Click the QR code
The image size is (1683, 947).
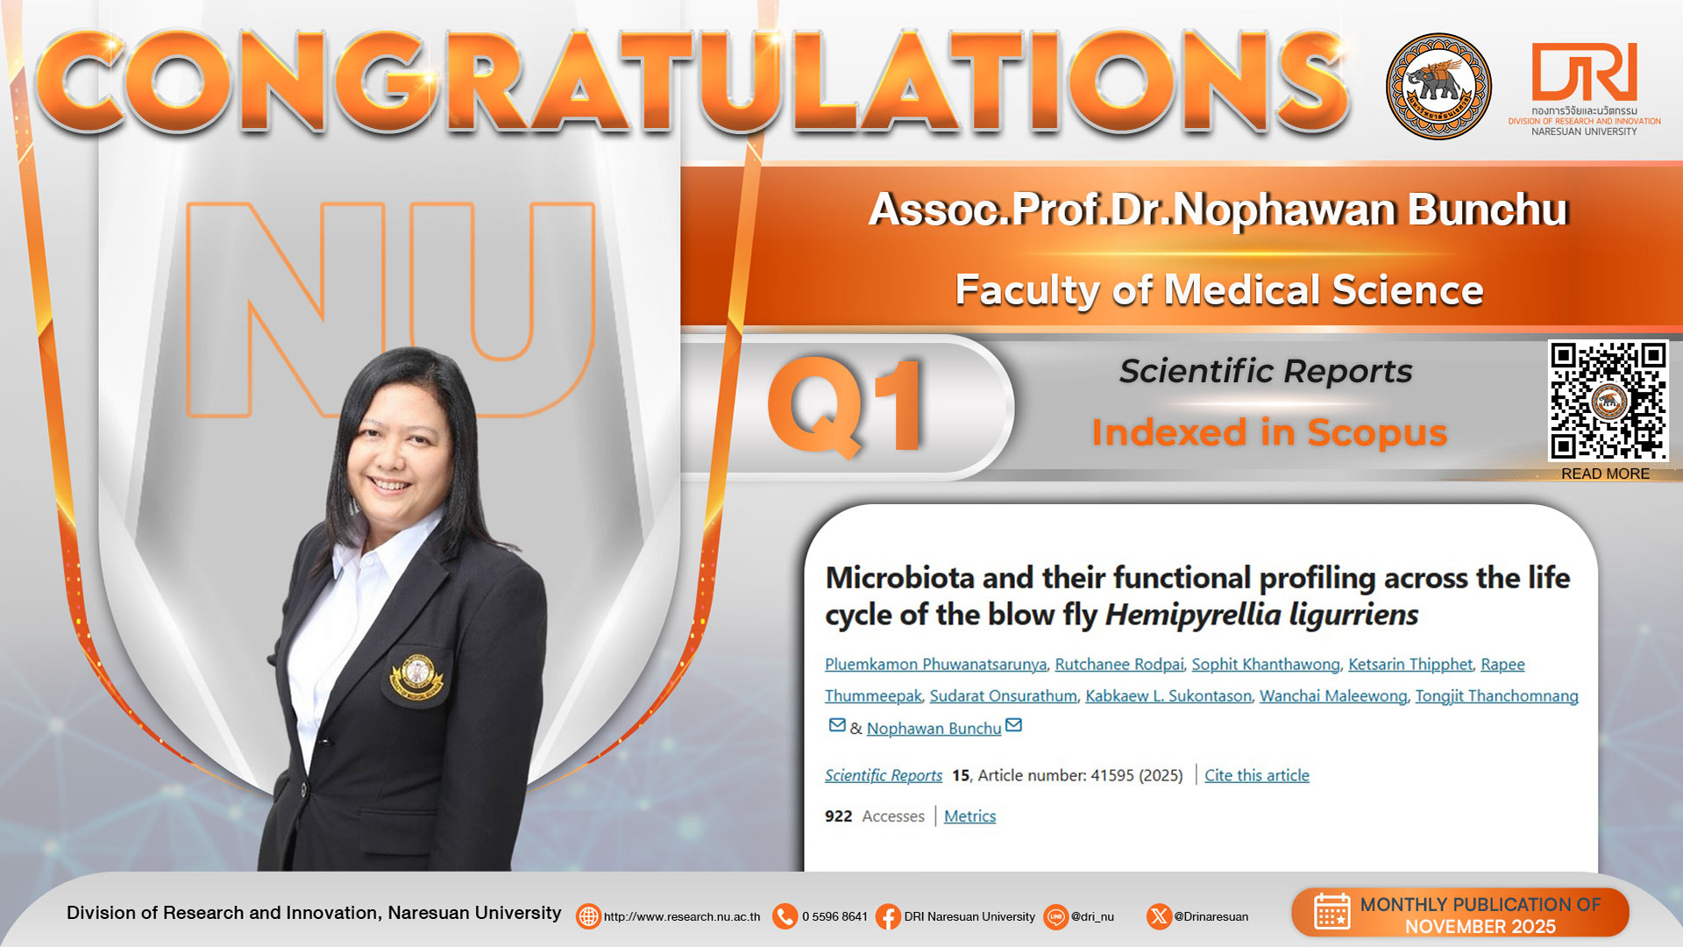tap(1608, 401)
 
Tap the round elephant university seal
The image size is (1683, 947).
tap(1438, 86)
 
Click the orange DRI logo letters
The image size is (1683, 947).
tap(1584, 72)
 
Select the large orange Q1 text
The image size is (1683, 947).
tap(846, 406)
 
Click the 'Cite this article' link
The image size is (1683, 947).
tap(1256, 775)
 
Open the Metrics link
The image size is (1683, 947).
tap(969, 816)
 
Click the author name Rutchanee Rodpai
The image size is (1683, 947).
tap(1118, 665)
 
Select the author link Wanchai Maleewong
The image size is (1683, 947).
tap(1333, 696)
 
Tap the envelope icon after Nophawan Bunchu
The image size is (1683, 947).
tap(1013, 725)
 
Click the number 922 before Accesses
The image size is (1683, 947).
tap(838, 816)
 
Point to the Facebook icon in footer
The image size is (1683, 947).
tap(887, 917)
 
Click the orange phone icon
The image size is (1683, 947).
tap(785, 917)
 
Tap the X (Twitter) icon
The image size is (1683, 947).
tap(1159, 917)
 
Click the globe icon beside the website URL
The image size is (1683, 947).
tap(588, 917)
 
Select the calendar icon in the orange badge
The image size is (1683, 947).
tap(1331, 912)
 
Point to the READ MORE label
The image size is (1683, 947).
tap(1605, 473)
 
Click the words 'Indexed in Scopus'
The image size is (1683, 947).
tap(1269, 433)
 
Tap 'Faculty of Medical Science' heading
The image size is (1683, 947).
tap(1219, 290)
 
